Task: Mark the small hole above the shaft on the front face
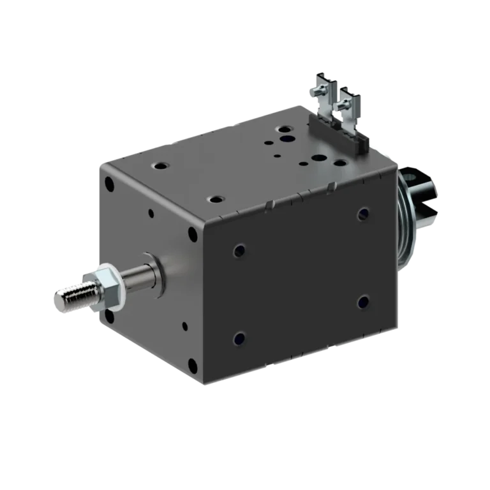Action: (x=151, y=214)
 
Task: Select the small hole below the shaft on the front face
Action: (x=185, y=326)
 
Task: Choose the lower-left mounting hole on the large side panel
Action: (x=239, y=336)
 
